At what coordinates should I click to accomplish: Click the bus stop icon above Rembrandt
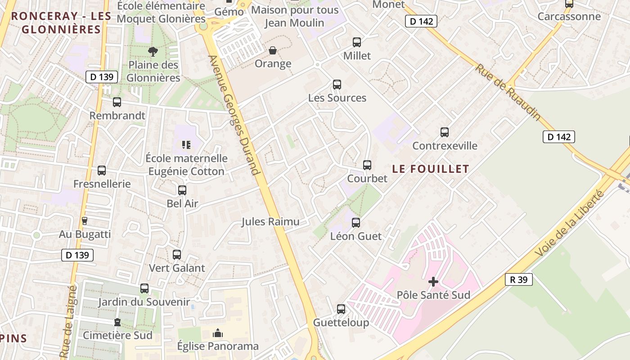pos(117,102)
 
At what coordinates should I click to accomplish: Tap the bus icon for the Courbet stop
pos(367,165)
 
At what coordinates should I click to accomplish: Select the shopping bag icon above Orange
pos(273,50)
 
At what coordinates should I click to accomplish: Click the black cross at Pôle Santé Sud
pos(433,282)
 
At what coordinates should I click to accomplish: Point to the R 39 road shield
pos(518,279)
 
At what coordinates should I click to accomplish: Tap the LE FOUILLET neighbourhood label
pos(431,169)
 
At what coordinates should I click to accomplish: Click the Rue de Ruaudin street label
pos(508,92)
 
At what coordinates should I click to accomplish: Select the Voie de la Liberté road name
pos(570,223)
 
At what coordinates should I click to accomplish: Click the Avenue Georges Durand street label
pos(234,115)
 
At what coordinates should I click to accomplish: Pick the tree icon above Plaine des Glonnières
pos(153,51)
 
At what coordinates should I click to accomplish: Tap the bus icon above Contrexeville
pos(445,132)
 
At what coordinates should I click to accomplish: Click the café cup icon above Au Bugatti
pos(84,221)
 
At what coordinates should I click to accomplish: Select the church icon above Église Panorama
pos(218,333)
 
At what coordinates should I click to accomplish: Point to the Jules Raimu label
pos(270,221)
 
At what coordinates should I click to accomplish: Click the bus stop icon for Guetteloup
pos(341,309)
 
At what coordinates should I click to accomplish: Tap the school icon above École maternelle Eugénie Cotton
pos(186,145)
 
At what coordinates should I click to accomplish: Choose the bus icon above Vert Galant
pos(177,255)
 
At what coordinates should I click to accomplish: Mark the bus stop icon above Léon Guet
pos(356,223)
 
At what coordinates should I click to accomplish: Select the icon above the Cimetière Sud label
pos(117,322)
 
